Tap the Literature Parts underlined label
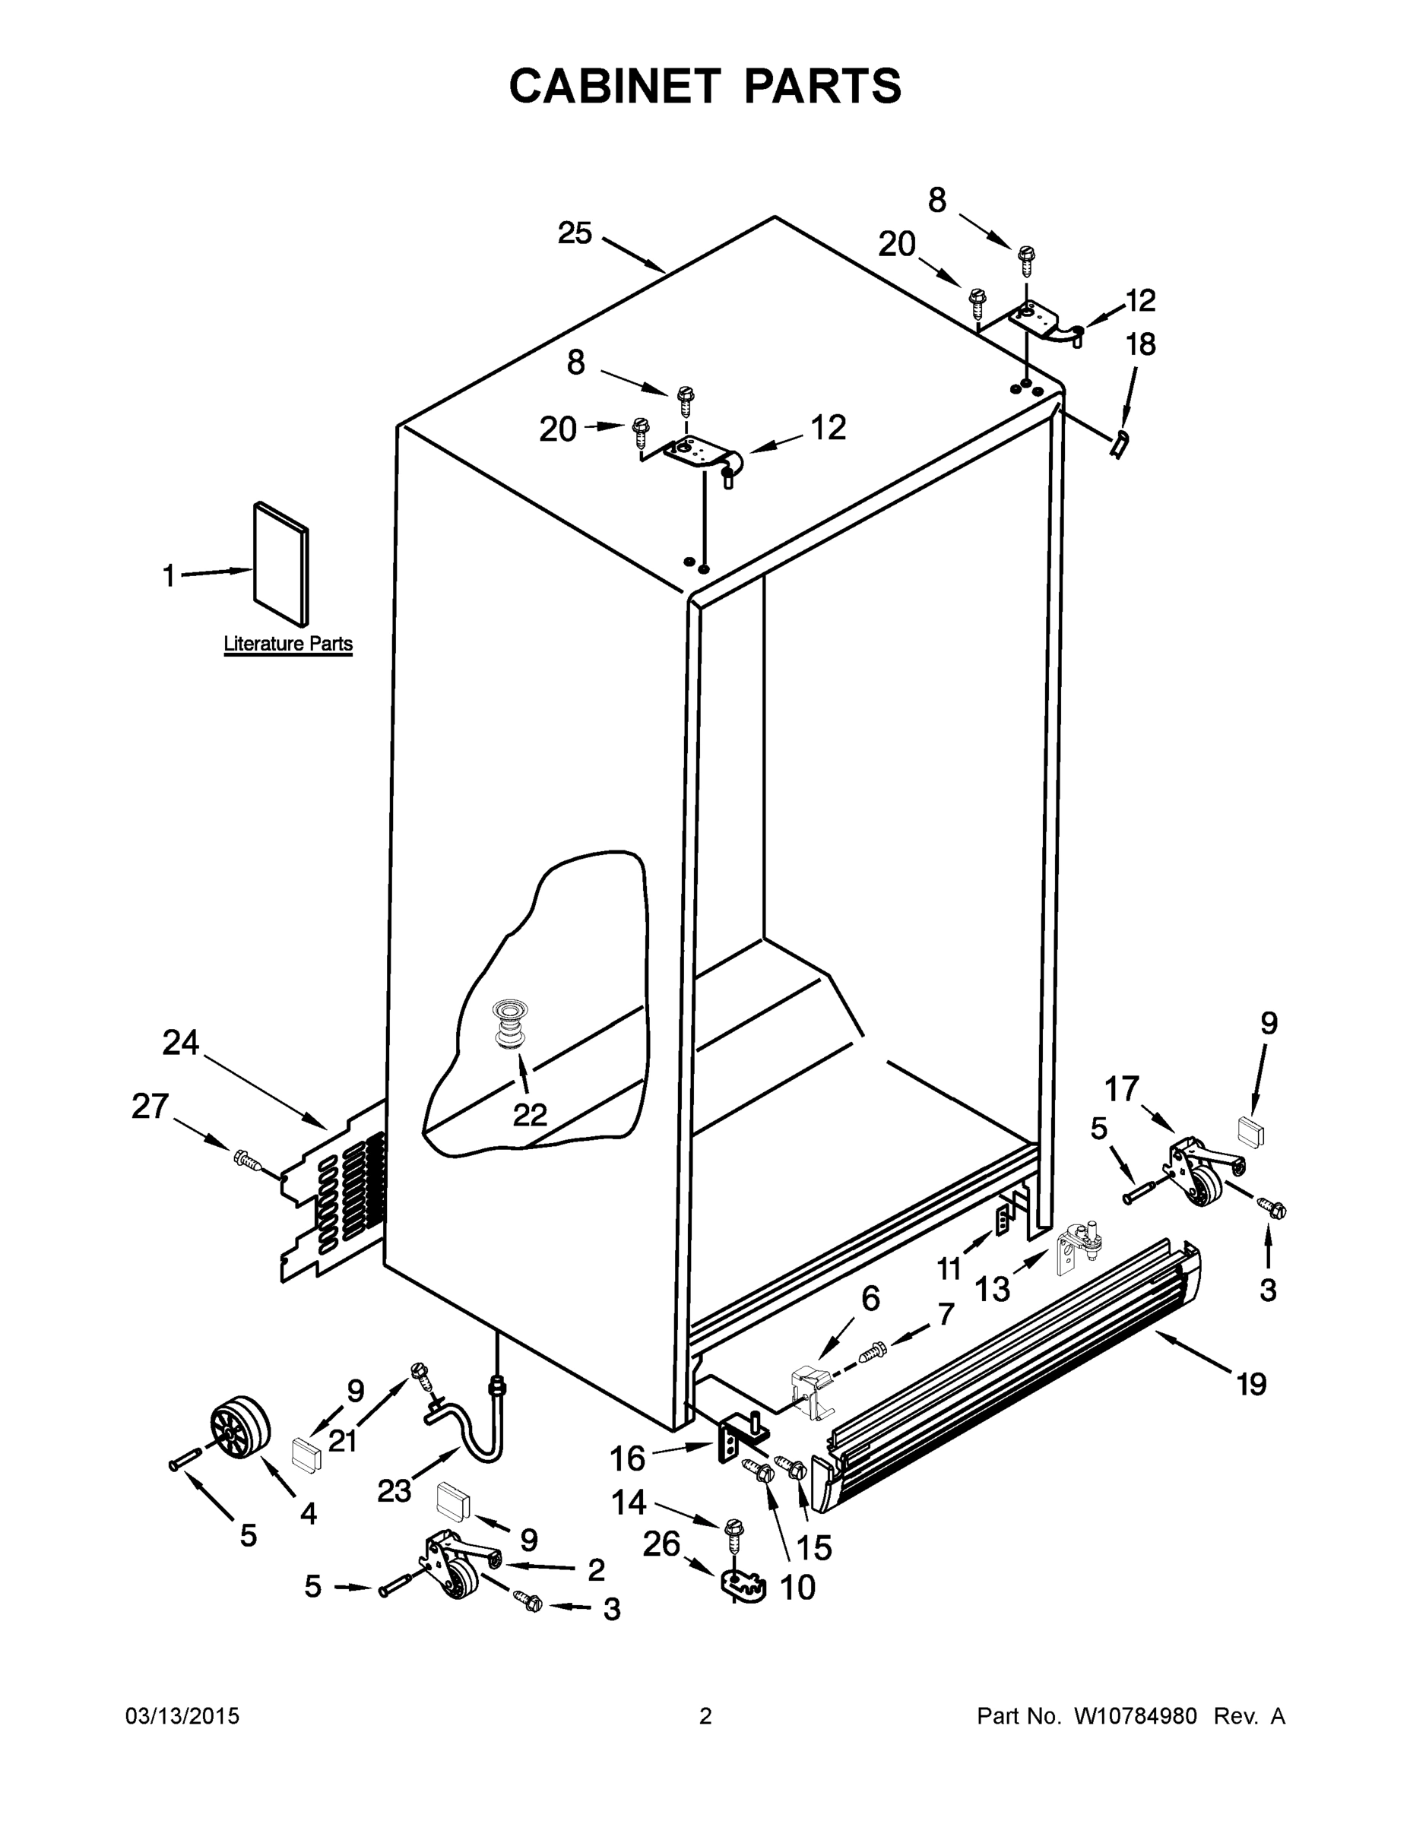(288, 644)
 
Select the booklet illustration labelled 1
(280, 564)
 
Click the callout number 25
(575, 234)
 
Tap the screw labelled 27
(248, 1160)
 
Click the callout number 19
(1251, 1385)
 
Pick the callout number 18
(1141, 344)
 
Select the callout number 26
(661, 1544)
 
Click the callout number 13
(993, 1289)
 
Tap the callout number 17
(1122, 1088)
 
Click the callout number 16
(627, 1459)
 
